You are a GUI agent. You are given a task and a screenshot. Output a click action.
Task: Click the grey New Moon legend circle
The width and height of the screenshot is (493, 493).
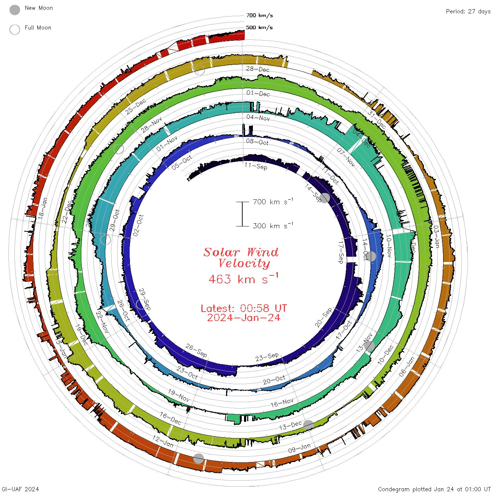click(15, 10)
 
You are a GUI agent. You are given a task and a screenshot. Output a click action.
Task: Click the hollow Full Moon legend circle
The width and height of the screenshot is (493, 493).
click(15, 30)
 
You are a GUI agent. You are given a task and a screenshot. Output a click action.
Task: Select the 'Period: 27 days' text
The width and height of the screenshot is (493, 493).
click(468, 12)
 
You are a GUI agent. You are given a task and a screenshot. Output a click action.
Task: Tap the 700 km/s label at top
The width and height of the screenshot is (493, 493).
click(260, 15)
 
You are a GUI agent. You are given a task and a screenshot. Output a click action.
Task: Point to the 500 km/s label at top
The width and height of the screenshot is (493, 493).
click(260, 27)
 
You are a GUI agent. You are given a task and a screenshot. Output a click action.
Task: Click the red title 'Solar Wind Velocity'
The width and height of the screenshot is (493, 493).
click(241, 257)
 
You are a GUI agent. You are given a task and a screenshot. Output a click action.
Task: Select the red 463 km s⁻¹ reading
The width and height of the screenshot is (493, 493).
click(243, 279)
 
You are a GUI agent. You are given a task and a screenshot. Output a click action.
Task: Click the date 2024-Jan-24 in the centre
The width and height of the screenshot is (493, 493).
click(244, 318)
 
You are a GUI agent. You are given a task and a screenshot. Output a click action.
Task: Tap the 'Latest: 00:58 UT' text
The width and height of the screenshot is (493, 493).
click(244, 308)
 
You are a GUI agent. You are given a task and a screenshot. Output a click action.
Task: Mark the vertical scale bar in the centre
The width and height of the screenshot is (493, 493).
click(242, 214)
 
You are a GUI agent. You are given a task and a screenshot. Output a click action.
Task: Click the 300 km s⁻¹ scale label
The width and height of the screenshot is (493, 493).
click(273, 226)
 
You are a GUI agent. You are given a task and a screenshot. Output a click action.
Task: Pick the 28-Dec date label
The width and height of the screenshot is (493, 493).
click(257, 69)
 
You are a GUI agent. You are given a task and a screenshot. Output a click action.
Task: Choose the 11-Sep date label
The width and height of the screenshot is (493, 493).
click(256, 166)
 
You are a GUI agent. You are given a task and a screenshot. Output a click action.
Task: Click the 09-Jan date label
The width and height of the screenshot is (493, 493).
click(300, 448)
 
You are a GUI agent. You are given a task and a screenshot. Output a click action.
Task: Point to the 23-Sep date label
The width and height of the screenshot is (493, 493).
click(267, 357)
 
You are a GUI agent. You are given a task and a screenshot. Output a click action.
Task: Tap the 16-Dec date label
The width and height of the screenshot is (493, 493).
click(170, 418)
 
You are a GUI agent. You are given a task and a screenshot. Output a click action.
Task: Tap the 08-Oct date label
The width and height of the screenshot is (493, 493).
click(257, 142)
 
